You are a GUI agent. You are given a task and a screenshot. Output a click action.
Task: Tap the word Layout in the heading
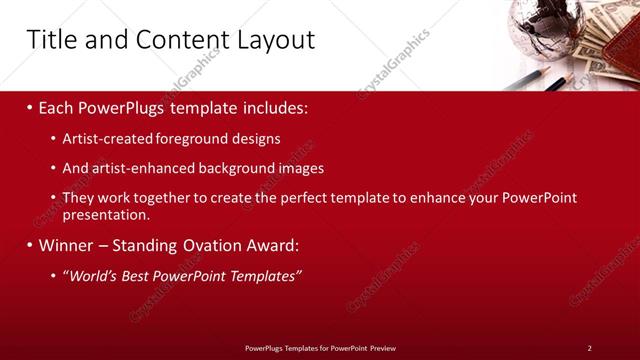point(274,40)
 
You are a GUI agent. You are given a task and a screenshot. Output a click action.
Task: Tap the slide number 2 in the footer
point(589,348)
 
